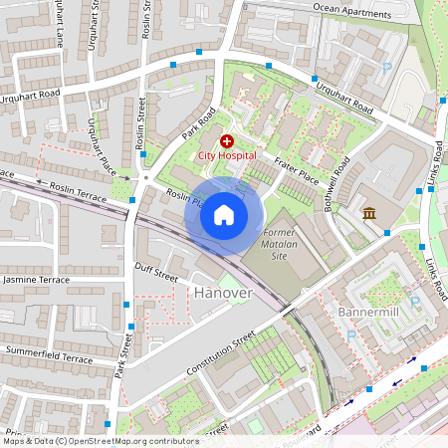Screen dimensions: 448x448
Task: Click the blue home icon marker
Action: point(223,215)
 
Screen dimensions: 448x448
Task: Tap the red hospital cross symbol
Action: point(227,142)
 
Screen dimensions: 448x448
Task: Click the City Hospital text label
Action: point(227,156)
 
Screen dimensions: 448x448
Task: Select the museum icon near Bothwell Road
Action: point(369,212)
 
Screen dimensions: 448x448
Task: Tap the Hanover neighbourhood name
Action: point(223,293)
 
